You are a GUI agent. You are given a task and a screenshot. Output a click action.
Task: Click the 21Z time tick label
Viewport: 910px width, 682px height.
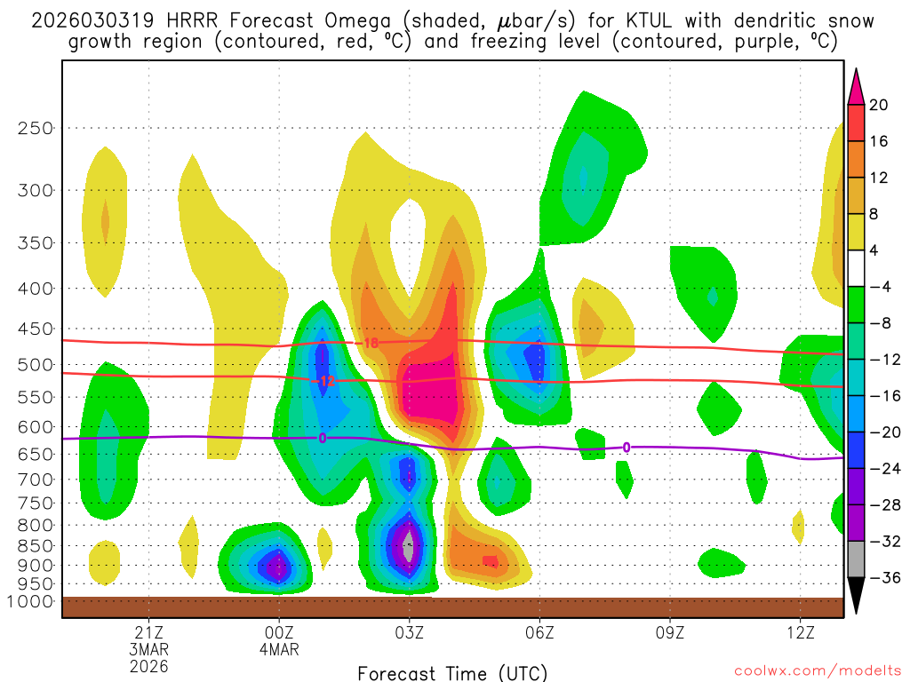click(148, 632)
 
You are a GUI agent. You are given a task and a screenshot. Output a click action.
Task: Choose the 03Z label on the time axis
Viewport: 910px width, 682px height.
click(409, 632)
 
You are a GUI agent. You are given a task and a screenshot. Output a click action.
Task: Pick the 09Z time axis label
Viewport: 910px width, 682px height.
click(669, 632)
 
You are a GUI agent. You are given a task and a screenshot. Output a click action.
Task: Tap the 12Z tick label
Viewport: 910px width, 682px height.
click(800, 632)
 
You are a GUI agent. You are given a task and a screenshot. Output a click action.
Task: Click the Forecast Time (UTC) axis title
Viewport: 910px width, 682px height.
click(452, 673)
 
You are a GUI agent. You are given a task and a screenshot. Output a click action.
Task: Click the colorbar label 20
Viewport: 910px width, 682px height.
click(879, 105)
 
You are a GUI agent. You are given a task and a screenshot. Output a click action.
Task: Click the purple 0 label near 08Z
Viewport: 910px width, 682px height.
click(627, 448)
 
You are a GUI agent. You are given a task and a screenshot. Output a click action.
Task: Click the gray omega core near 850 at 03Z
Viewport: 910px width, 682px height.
click(409, 547)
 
